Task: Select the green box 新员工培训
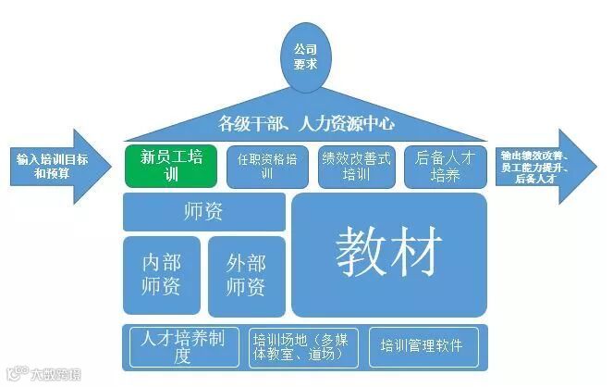click(x=171, y=165)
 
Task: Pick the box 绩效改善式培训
click(x=355, y=166)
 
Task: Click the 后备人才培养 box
click(x=446, y=166)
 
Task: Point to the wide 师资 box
click(x=203, y=212)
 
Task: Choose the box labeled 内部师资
click(x=162, y=273)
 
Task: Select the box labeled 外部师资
click(x=246, y=273)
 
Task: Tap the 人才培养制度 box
click(x=182, y=345)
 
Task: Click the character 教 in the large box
click(x=361, y=251)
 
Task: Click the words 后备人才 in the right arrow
click(x=529, y=179)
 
